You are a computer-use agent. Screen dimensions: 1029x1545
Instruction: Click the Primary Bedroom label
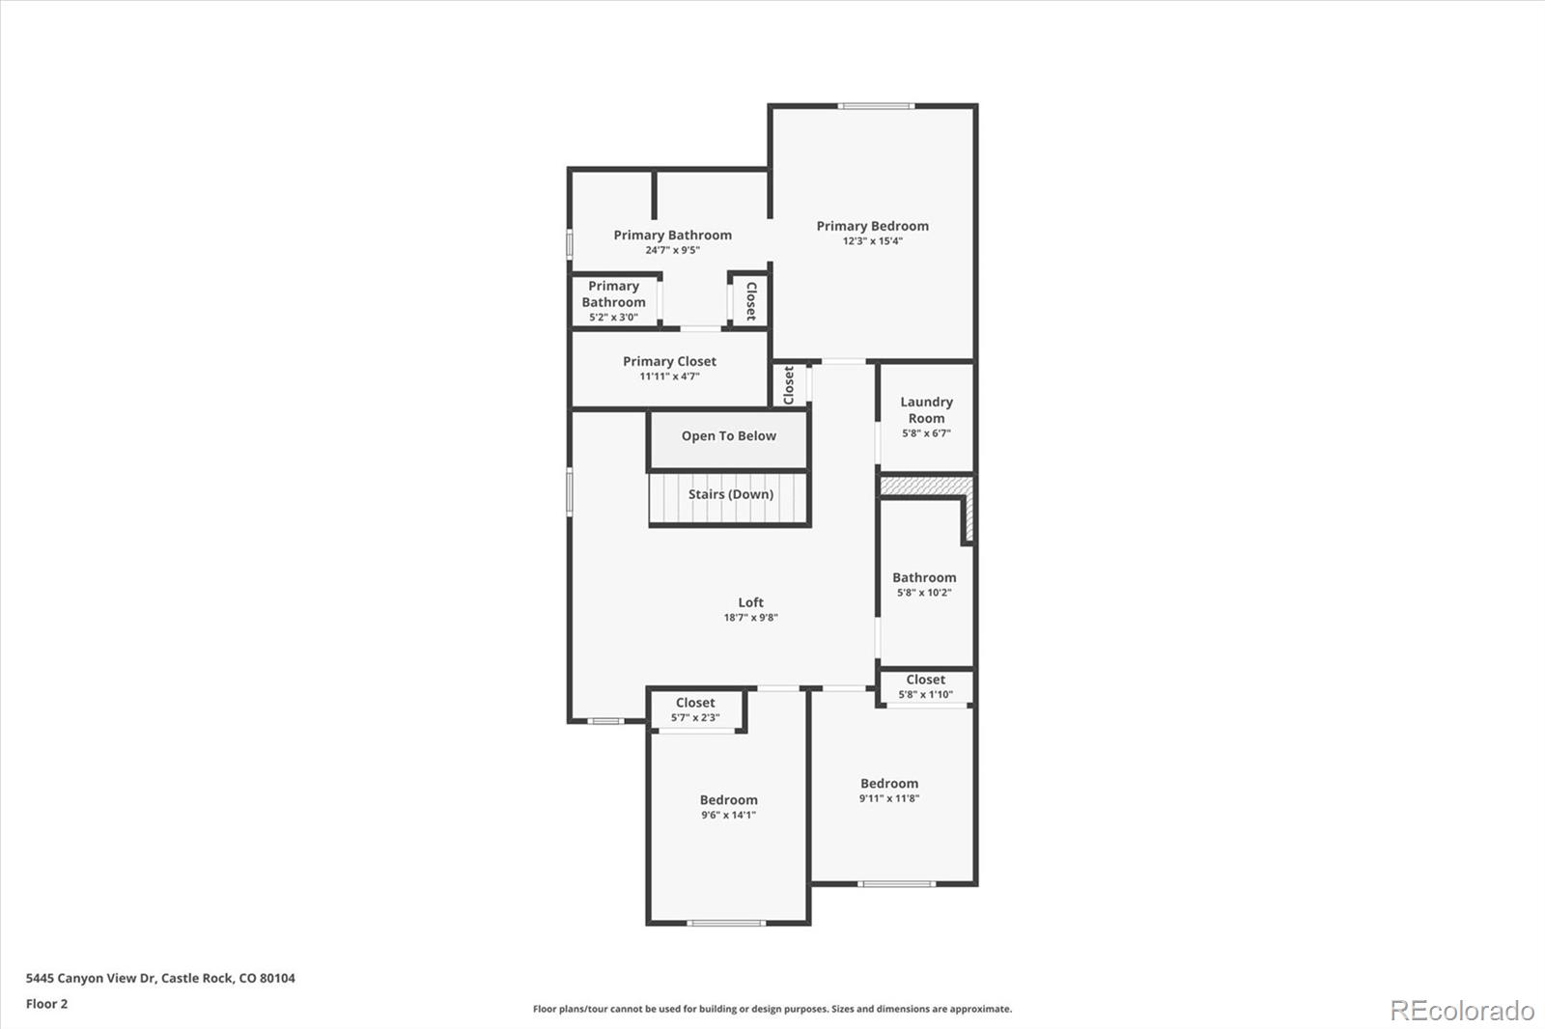coord(872,226)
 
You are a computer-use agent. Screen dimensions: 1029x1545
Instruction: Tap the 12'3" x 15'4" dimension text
coord(872,241)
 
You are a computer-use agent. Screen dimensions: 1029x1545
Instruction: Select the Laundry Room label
coord(926,409)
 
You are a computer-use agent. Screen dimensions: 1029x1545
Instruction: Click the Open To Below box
coord(728,436)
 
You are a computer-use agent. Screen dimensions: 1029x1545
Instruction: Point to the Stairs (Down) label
coord(730,494)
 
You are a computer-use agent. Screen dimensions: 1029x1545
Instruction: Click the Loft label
coord(750,602)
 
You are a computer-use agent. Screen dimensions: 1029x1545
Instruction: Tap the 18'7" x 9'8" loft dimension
coord(750,618)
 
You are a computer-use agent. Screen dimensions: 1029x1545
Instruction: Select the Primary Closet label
coord(669,361)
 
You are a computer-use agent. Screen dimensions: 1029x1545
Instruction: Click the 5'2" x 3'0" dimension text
coord(613,318)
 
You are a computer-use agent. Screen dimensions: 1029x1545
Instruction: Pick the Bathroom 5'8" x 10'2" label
coord(924,577)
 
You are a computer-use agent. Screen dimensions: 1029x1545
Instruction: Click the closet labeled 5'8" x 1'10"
coord(925,686)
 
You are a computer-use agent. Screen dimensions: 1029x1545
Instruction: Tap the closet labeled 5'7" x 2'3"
coord(695,709)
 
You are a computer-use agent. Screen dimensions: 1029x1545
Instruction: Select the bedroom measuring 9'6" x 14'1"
coord(728,807)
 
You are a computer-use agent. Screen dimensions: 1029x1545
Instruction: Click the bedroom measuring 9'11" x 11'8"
coord(889,791)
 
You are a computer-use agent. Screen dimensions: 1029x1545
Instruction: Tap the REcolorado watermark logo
coord(1461,1011)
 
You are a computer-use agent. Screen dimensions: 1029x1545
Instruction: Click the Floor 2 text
coord(46,1004)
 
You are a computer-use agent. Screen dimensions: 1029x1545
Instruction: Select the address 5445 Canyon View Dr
coord(160,978)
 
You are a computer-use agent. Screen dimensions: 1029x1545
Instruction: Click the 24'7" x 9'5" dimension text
coord(672,251)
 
